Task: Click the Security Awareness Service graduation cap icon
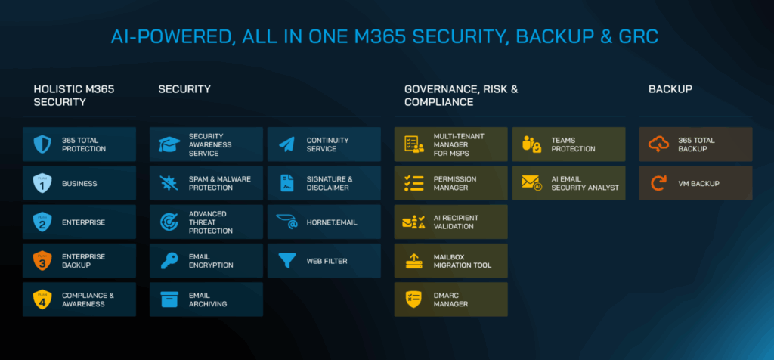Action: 169,144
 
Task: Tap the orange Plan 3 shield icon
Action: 42,261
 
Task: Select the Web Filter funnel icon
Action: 286,261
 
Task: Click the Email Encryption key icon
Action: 169,261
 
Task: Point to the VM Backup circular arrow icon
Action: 658,183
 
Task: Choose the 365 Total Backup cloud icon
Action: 658,144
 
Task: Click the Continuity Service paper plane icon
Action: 286,144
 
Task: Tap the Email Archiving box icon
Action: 169,299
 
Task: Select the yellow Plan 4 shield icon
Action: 42,299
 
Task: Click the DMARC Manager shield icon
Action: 413,299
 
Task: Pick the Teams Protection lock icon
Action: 531,144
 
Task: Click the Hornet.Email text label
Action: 332,222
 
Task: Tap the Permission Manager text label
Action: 455,183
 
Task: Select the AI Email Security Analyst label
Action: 585,183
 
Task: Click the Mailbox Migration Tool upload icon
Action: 413,261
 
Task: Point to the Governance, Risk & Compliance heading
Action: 461,95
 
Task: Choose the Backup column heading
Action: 670,89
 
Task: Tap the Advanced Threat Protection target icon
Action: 169,222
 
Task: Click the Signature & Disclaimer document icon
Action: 286,183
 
